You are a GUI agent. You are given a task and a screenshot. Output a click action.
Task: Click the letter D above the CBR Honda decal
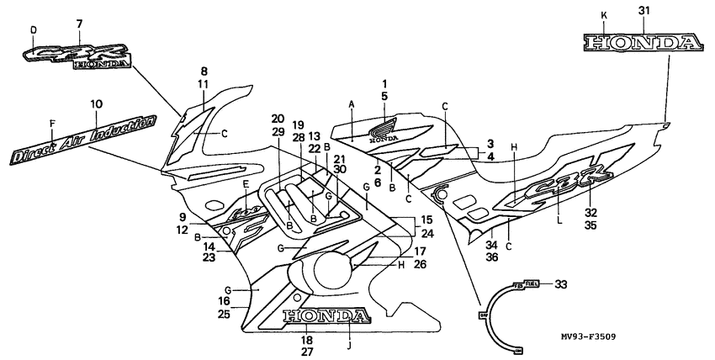coord(34,29)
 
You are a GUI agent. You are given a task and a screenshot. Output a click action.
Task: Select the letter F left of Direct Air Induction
coord(52,123)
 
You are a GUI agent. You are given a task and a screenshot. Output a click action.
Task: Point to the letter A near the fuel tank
coord(352,102)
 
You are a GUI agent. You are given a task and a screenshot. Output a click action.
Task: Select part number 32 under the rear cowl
coord(591,214)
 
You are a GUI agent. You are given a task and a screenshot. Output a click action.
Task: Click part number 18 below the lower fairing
coord(307,341)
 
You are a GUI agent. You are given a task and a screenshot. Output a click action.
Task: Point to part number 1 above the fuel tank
coord(384,84)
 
